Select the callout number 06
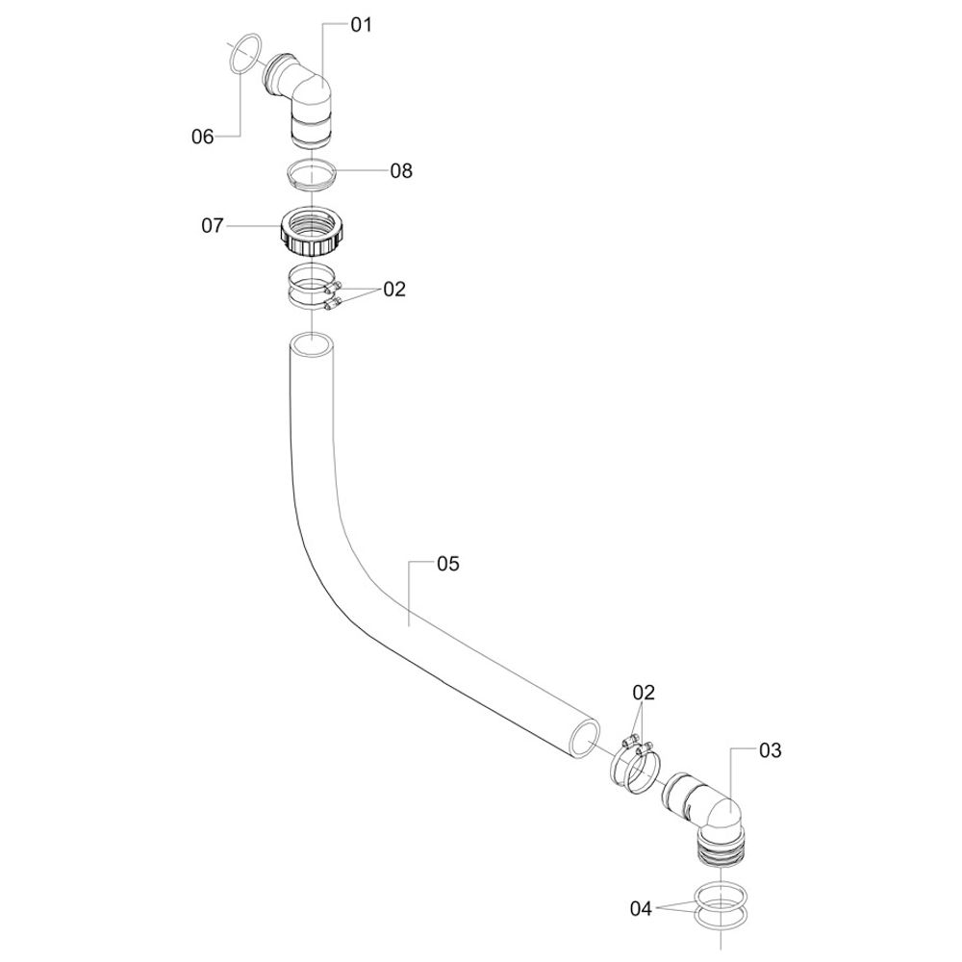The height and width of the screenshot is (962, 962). click(x=202, y=137)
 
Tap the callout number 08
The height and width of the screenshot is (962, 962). click(x=401, y=171)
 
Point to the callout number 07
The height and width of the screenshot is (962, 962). click(x=212, y=226)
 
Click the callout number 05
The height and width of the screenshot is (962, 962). click(x=448, y=564)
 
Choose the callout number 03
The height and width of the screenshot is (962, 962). click(x=771, y=750)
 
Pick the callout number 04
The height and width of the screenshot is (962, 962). click(x=642, y=908)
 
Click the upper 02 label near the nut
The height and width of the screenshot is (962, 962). click(x=394, y=289)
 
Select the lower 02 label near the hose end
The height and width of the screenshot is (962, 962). click(x=644, y=692)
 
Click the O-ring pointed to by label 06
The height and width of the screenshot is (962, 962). click(x=248, y=53)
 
